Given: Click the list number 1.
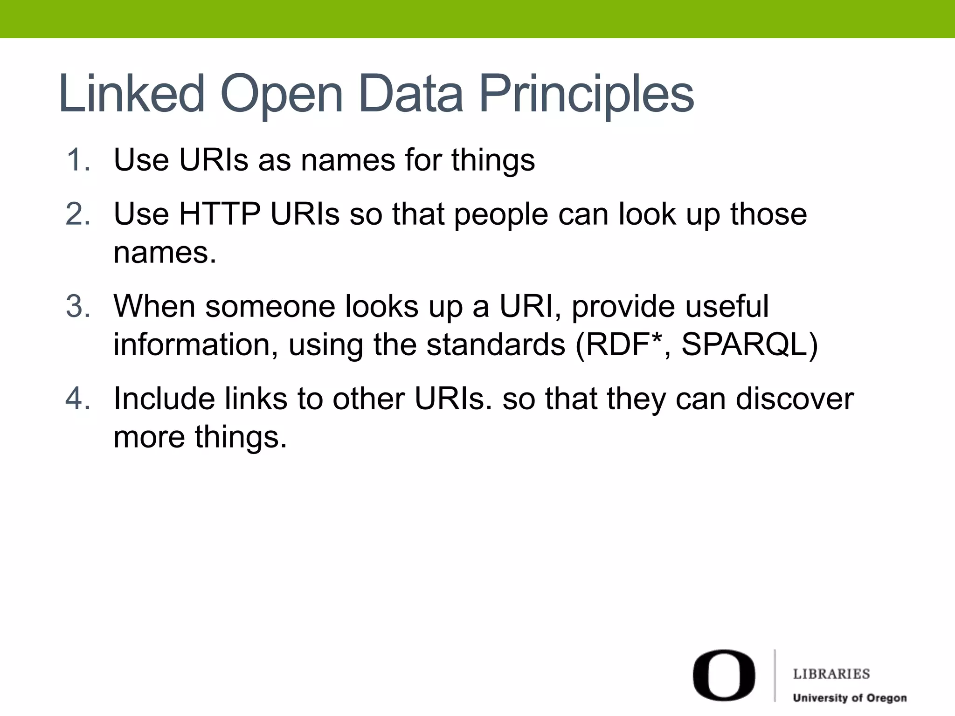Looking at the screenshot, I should coord(78,160).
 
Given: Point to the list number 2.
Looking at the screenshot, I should coord(78,214).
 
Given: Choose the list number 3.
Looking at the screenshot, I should coord(78,307).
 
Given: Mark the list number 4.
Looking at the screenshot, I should coord(78,399).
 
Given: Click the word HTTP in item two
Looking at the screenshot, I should coord(220,214).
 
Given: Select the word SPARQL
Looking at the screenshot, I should coord(749,345).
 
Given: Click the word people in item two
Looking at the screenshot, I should coord(501,215).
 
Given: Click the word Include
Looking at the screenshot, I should coord(164,399).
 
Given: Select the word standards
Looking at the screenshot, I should coord(496,345).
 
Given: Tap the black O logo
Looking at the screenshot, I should coord(724,675).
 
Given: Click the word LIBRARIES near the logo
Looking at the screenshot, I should coord(831,674).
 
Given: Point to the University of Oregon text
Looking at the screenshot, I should coord(850,698).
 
